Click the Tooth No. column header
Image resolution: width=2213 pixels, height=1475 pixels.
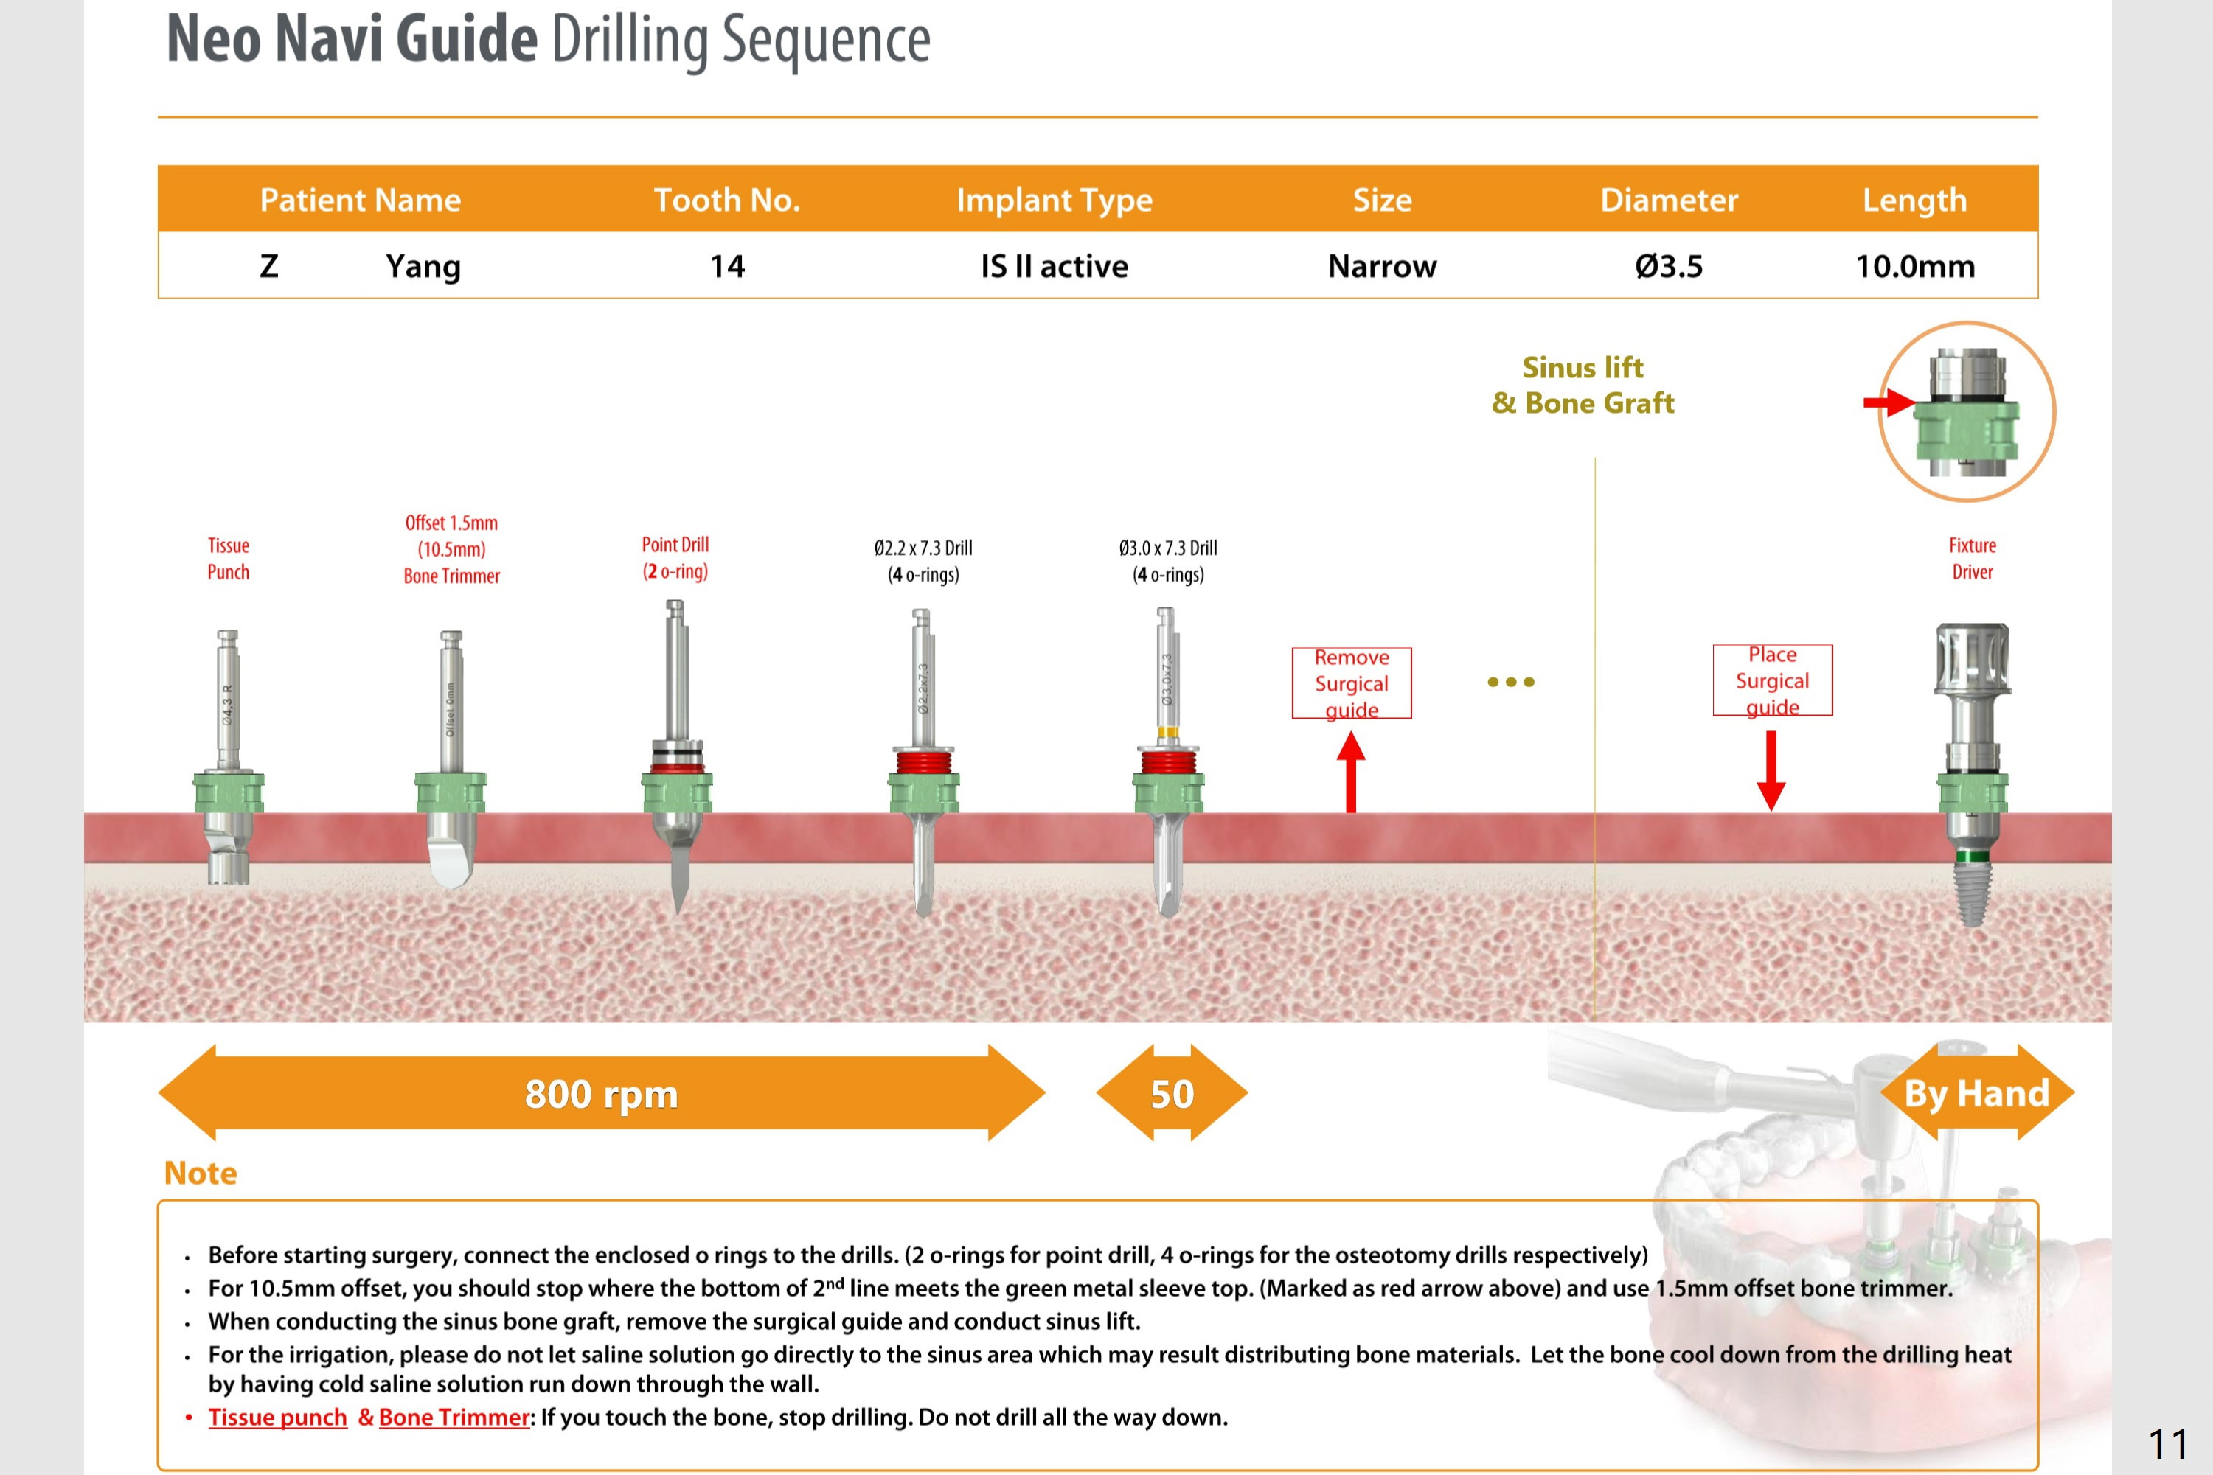point(726,200)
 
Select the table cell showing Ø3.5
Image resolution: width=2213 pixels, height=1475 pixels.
point(1668,266)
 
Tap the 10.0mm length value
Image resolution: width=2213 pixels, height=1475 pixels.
point(1915,266)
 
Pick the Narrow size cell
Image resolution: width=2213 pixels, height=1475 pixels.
point(1381,266)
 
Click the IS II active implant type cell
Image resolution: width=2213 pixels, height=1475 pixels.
point(1054,266)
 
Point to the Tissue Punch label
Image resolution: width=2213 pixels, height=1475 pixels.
point(229,559)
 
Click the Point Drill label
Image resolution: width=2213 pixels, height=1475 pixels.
point(675,558)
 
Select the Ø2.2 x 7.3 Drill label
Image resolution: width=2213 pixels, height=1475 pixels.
point(923,561)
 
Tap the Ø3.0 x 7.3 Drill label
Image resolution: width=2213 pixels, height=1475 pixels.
point(1167,561)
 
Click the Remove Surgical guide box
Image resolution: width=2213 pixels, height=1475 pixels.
point(1351,683)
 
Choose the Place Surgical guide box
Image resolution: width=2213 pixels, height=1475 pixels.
point(1772,680)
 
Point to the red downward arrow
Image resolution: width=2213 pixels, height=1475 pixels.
point(1771,770)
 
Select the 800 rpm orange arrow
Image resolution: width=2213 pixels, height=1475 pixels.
point(601,1093)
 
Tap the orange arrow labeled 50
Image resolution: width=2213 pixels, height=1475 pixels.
point(1172,1093)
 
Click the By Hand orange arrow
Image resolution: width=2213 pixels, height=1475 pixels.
point(1977,1093)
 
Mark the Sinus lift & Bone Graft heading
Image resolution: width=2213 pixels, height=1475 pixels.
point(1583,385)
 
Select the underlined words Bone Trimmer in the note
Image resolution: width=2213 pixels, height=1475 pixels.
point(454,1417)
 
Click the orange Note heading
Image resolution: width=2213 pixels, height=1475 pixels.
point(201,1173)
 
